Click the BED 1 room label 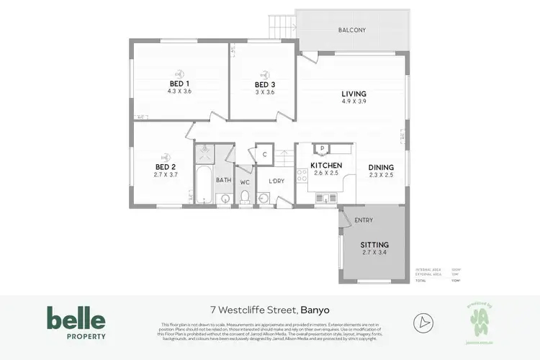tap(179, 84)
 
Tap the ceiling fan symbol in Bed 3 tap(264, 73)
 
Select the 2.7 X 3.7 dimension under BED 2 tap(165, 174)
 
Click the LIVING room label tap(354, 94)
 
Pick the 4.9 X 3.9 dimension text tap(354, 102)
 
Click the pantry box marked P tap(322, 149)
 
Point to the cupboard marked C tap(264, 154)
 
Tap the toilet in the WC tap(245, 197)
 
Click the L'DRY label tap(276, 181)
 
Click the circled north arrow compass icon tap(423, 321)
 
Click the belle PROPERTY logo tap(76, 323)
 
